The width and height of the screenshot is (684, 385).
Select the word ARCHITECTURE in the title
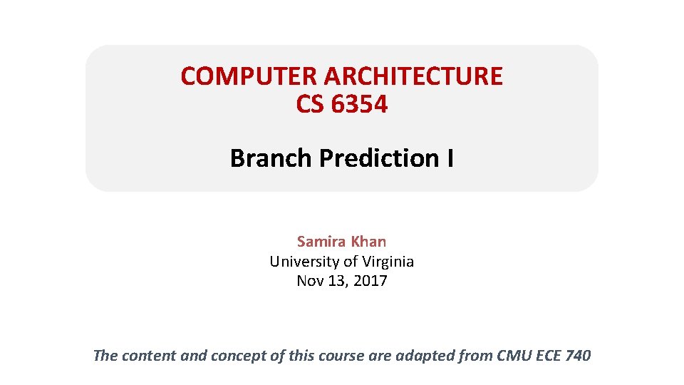(x=413, y=76)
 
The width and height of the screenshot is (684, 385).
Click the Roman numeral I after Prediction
(x=450, y=158)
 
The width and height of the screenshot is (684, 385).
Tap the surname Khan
(x=368, y=242)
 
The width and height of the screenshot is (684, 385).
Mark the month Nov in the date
(x=310, y=281)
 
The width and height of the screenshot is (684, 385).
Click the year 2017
(x=369, y=281)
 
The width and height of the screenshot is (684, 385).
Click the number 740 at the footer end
(x=577, y=355)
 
